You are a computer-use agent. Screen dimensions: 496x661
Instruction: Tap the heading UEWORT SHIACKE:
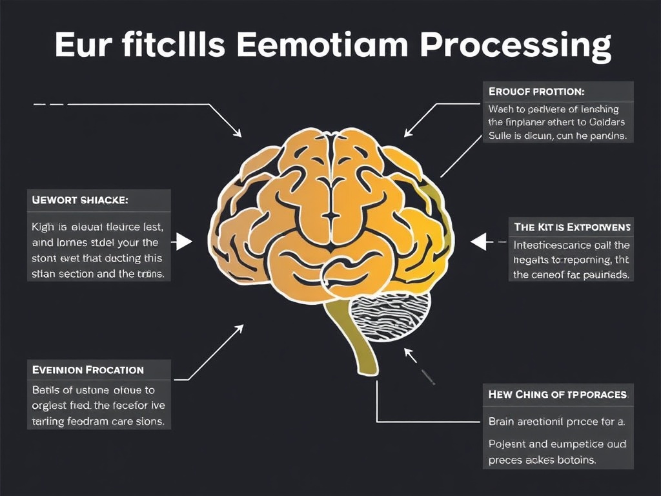pyautogui.click(x=80, y=200)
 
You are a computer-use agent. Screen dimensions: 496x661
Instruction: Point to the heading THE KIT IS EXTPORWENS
pyautogui.click(x=573, y=227)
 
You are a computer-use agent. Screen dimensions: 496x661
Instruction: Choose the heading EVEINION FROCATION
pyautogui.click(x=88, y=370)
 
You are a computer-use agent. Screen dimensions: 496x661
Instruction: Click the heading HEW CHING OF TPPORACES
pyautogui.click(x=558, y=394)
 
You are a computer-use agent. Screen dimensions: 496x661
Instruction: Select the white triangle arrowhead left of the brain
pyautogui.click(x=184, y=242)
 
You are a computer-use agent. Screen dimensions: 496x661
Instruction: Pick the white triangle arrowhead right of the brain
pyautogui.click(x=478, y=242)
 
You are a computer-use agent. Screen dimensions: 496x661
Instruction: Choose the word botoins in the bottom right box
pyautogui.click(x=574, y=460)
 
